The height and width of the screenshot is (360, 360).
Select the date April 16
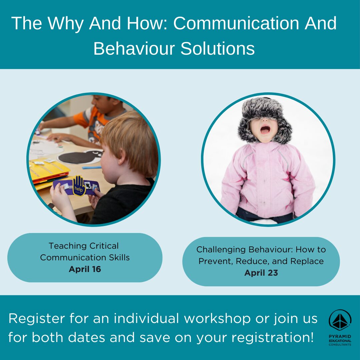(x=85, y=269)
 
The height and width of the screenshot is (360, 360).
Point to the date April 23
(x=261, y=273)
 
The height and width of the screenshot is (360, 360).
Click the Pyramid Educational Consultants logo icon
(x=340, y=320)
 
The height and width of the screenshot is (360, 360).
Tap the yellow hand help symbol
(x=79, y=185)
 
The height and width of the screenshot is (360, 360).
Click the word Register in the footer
(x=37, y=319)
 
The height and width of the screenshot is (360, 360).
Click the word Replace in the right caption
(x=307, y=261)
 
